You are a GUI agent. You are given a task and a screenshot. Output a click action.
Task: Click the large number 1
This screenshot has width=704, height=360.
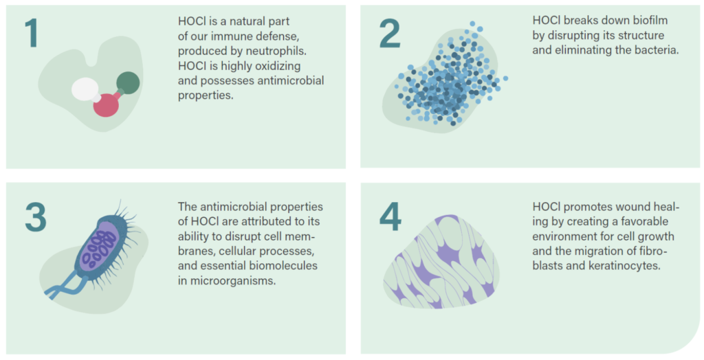pyautogui.click(x=32, y=33)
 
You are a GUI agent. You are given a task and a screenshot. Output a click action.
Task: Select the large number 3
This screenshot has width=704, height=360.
pyautogui.click(x=36, y=217)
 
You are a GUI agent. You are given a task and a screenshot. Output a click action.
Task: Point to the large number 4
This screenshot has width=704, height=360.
pyautogui.click(x=390, y=217)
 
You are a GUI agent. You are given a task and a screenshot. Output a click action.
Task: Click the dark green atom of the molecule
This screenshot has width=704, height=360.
pyautogui.click(x=128, y=83)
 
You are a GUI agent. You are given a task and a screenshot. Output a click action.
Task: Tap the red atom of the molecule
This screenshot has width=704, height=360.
pyautogui.click(x=106, y=104)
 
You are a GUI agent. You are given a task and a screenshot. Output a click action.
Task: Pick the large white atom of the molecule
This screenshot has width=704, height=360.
pyautogui.click(x=85, y=89)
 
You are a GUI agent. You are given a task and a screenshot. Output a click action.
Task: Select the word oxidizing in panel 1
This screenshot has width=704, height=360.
pyautogui.click(x=278, y=66)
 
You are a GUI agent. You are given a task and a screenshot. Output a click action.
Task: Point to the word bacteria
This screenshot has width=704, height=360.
pyautogui.click(x=654, y=50)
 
